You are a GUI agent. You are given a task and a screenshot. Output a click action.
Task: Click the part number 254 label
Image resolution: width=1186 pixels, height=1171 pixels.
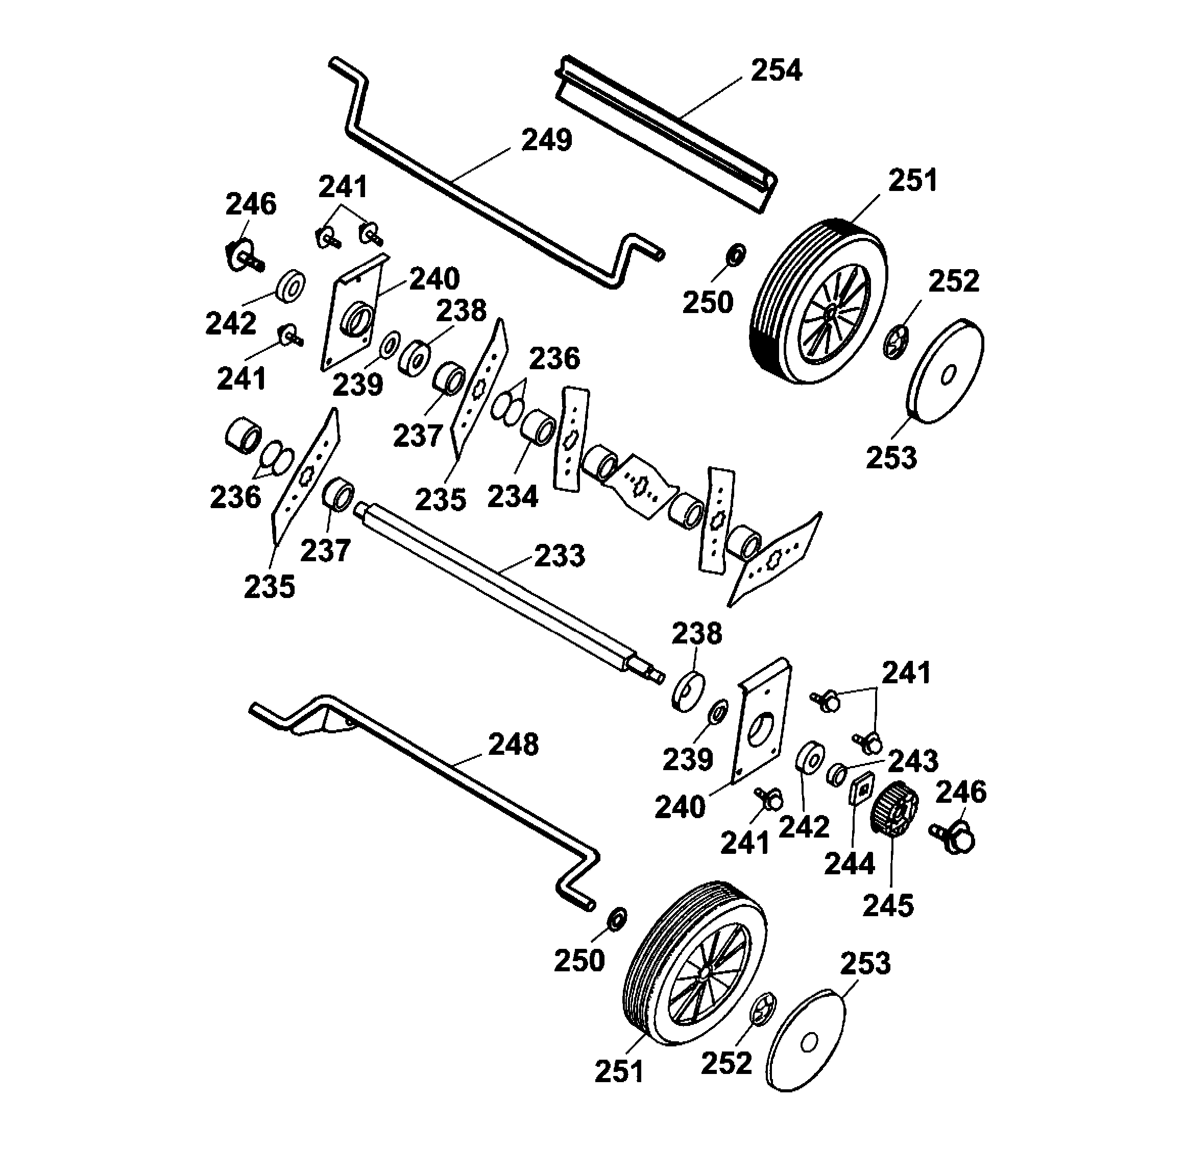point(777,70)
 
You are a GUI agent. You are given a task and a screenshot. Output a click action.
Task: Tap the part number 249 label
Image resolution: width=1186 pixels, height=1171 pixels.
point(546,140)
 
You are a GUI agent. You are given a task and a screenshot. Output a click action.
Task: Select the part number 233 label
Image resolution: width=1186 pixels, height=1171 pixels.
point(559,556)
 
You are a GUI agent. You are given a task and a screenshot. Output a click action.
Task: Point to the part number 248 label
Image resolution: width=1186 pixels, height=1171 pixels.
point(513,745)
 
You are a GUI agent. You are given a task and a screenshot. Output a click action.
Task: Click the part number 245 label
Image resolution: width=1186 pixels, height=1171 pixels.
point(888,906)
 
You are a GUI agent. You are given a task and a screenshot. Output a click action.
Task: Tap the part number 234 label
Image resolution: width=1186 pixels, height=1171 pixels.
point(513,497)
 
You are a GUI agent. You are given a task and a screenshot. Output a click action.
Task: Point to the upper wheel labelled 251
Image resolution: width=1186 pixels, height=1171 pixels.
point(819,302)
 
